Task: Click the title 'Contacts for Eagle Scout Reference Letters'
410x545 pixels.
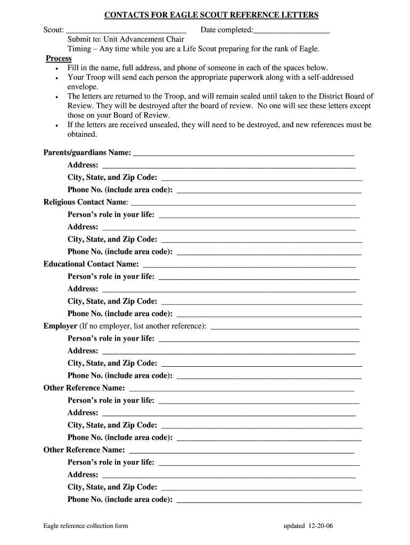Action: tap(211, 15)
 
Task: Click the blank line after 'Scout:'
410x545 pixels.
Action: tap(126, 30)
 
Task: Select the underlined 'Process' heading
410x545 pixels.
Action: tap(59, 59)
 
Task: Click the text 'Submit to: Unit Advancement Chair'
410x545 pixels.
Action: tap(126, 39)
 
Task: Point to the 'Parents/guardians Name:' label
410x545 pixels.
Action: tap(87, 153)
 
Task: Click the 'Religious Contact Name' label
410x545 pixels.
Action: tap(86, 202)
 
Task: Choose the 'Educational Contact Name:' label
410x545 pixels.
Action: tap(91, 264)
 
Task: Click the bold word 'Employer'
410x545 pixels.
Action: tap(60, 326)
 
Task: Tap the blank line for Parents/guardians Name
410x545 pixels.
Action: tap(243, 153)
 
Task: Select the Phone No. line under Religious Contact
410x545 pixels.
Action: tap(268, 252)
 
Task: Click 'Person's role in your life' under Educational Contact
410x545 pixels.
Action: tap(111, 277)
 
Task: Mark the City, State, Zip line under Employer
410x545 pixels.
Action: tap(261, 364)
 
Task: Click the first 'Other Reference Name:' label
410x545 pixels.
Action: tap(84, 388)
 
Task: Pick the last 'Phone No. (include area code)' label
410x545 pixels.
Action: tap(120, 499)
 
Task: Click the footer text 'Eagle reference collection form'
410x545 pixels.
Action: tap(86, 526)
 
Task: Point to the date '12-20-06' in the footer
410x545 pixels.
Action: tap(321, 526)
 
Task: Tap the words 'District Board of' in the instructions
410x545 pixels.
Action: tap(344, 96)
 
